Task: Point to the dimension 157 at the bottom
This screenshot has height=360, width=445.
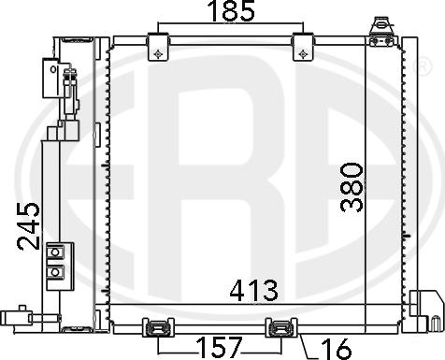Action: tap(221, 346)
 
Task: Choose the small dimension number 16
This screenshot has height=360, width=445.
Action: tap(333, 347)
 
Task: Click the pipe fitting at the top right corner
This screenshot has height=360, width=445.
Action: tap(380, 32)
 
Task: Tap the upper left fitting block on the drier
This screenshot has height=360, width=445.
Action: tap(52, 75)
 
